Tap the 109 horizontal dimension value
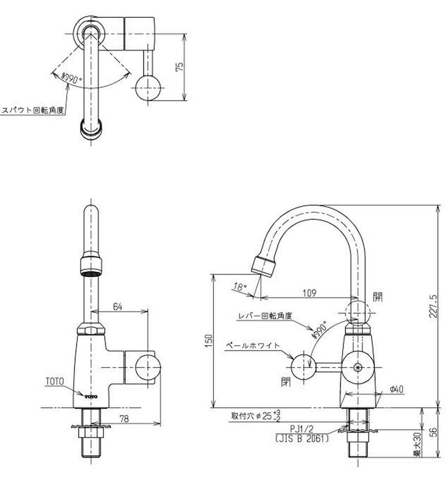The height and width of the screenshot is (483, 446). tap(309, 292)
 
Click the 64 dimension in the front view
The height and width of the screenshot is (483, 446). tap(118, 307)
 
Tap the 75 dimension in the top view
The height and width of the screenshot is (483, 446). tap(179, 67)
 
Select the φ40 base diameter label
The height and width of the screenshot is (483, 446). tap(396, 389)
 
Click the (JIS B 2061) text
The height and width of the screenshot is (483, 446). tap(302, 438)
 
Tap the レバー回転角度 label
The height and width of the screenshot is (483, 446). tap(265, 316)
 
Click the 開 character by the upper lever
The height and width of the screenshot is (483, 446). tap(378, 297)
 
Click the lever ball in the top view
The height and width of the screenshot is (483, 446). tap(148, 88)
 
